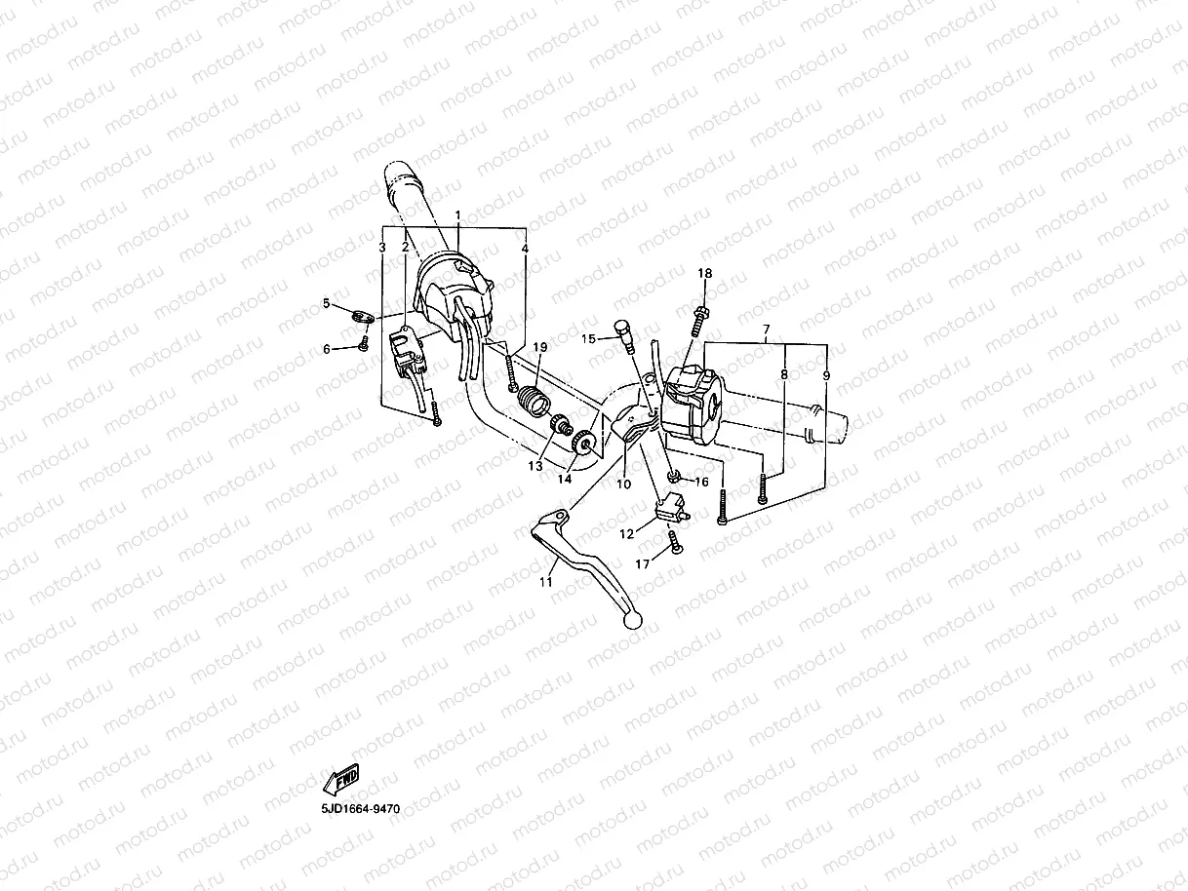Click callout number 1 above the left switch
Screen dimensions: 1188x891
click(457, 213)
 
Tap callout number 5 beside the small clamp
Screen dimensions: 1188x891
click(327, 303)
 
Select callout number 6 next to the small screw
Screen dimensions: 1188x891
click(327, 348)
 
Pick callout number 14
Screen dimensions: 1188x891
click(565, 479)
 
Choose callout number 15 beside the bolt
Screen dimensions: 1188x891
click(588, 338)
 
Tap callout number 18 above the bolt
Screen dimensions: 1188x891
click(704, 274)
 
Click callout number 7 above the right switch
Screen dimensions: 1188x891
click(766, 329)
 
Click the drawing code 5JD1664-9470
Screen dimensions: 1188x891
click(360, 809)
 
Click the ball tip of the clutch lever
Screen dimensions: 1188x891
click(633, 619)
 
